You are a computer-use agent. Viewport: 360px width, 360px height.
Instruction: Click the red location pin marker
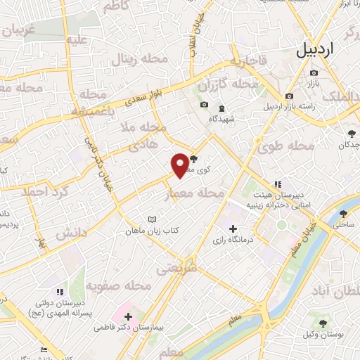pyautogui.click(x=180, y=165)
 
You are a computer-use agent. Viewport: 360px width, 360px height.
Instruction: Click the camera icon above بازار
pyautogui.click(x=314, y=73)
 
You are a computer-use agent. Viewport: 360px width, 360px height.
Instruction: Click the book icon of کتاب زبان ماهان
pyautogui.click(x=153, y=219)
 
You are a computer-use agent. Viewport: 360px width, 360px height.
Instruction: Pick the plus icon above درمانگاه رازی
pyautogui.click(x=233, y=229)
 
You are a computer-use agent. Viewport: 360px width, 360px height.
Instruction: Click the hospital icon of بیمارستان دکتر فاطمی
pyautogui.click(x=128, y=317)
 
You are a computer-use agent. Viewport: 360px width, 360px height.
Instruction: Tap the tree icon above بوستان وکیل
pyautogui.click(x=323, y=323)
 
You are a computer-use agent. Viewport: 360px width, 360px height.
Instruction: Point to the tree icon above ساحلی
pyautogui.click(x=344, y=214)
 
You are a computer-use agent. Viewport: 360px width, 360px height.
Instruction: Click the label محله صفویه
pyautogui.click(x=119, y=285)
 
